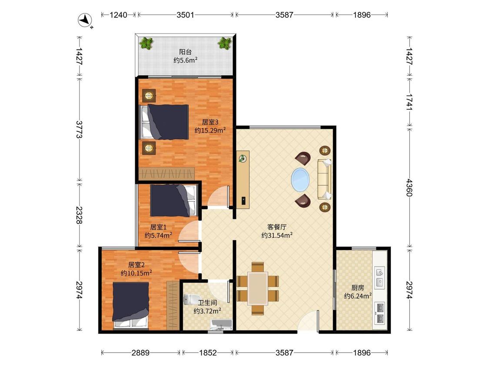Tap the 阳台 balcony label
pos(185,52)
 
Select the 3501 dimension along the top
pos(185,15)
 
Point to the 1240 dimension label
pos(118,15)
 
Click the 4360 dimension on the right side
pos(409,187)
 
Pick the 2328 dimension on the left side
pos(79,215)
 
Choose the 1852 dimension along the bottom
pos(208,353)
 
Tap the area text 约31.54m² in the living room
pos(277,235)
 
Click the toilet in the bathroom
pos(188,300)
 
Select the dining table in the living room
pos(258,289)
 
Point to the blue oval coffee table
pos(301,180)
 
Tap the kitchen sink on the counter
pos(380,277)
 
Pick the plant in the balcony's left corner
pos(146,43)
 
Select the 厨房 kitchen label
pos(357,288)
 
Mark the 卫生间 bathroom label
pos(207,303)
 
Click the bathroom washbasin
pos(221,324)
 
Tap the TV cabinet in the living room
pos(243,180)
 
